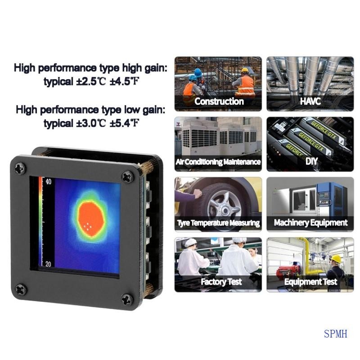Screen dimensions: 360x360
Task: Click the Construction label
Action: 219,101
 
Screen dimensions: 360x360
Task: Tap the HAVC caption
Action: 310,101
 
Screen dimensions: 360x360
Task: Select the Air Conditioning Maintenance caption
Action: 218,162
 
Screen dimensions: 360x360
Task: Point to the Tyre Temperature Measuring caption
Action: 218,223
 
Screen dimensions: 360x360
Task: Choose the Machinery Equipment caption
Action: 310,222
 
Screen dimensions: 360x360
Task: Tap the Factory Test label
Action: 221,282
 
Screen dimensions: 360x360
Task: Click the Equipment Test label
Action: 310,282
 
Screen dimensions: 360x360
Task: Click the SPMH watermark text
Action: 335,334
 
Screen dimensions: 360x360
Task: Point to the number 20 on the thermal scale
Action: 49,264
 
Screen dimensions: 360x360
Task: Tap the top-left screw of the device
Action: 21,169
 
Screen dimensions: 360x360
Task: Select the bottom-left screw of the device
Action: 21,288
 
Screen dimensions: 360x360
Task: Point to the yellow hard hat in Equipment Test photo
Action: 336,259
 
